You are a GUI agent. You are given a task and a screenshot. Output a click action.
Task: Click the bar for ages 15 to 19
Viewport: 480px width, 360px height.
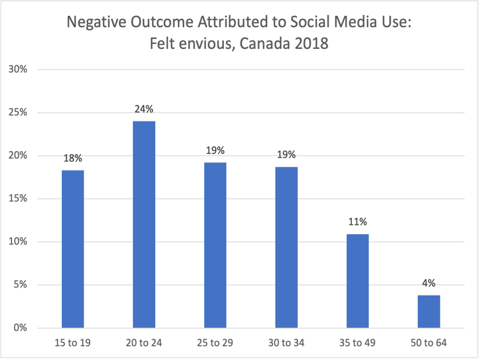coord(73,249)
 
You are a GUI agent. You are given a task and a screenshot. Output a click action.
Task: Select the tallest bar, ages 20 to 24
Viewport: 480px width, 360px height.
coord(144,225)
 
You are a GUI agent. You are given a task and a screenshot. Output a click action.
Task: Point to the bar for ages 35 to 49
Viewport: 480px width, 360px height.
coord(358,281)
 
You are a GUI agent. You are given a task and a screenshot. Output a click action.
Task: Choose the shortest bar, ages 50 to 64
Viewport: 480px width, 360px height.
coord(428,311)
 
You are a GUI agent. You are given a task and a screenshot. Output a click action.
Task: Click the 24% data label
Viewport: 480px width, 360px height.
coord(144,110)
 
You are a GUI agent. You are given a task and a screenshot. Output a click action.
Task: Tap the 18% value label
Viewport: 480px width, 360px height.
coord(73,159)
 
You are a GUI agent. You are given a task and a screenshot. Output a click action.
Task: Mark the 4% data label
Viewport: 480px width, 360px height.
coord(428,284)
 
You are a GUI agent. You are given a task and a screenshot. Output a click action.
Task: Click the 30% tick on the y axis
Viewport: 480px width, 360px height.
coord(18,70)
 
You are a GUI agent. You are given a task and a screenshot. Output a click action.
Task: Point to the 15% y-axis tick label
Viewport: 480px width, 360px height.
coord(18,199)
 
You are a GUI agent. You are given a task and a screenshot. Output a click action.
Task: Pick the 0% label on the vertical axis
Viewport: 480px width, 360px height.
coord(21,328)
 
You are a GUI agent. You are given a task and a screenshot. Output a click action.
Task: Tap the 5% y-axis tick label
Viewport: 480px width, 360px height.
coord(21,285)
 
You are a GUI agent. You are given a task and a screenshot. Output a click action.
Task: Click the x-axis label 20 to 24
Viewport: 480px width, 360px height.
coord(144,343)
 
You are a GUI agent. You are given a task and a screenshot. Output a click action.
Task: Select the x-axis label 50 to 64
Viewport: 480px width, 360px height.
coord(428,343)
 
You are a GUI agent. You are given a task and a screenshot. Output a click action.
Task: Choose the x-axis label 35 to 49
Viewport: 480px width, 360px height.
coord(358,343)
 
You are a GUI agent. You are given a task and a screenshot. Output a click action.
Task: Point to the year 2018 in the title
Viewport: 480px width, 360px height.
coord(310,44)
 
